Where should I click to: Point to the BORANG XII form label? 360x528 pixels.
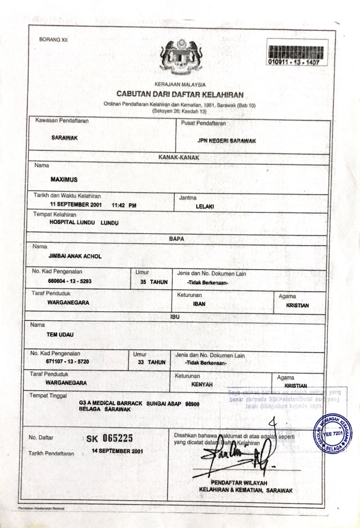point(53,40)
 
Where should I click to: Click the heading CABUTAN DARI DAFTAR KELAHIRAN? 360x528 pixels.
point(180,94)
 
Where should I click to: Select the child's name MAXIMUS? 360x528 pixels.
point(64,179)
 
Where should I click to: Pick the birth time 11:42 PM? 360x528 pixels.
point(124,205)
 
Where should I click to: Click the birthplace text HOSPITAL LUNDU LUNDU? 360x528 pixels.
point(84,223)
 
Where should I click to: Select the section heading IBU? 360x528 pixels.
point(175,317)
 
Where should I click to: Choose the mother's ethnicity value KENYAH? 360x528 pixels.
point(202,385)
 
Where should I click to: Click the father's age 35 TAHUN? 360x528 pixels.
point(154,282)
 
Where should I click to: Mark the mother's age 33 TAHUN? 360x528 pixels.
point(151,361)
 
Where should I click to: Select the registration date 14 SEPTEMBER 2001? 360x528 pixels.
point(117,452)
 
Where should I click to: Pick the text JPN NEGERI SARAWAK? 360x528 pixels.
point(227,141)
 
